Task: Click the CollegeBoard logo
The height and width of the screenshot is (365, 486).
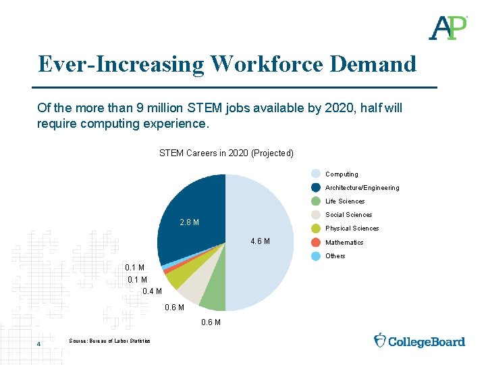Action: (x=419, y=341)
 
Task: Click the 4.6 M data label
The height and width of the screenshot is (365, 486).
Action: (x=261, y=241)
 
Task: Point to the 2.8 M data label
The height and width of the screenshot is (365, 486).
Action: (x=189, y=222)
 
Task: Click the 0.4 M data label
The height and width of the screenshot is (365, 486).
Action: (x=153, y=291)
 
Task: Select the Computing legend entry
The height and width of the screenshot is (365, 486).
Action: (x=342, y=174)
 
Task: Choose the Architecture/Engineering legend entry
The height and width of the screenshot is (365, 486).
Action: (x=362, y=188)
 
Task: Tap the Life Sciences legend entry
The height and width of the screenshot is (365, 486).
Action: (x=344, y=201)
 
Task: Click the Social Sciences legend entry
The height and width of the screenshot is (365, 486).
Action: (x=348, y=215)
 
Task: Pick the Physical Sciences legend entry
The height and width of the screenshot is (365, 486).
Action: (x=352, y=228)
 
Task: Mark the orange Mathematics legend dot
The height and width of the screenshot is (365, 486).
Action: (x=316, y=242)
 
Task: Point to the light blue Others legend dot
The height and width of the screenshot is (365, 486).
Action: (x=316, y=255)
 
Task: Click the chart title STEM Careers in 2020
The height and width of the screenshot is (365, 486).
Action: (x=226, y=153)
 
